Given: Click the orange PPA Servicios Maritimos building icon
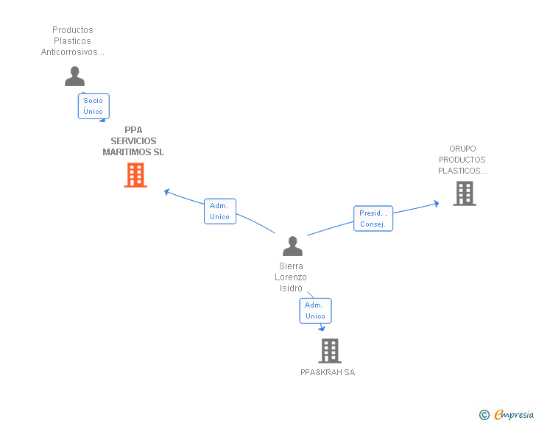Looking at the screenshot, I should (x=135, y=175).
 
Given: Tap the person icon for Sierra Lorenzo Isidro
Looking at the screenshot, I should (x=292, y=246).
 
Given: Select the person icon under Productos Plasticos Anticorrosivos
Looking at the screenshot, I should (x=74, y=76).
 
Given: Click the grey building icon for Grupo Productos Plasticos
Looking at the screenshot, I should (x=464, y=193).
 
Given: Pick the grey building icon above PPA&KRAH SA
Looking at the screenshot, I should (x=329, y=351).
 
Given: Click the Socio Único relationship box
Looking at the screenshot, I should (x=94, y=106).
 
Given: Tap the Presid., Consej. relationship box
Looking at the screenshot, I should (x=373, y=218).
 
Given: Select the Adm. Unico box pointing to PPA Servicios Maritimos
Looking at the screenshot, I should (x=219, y=211).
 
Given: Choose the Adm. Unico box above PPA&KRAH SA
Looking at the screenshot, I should (x=315, y=310).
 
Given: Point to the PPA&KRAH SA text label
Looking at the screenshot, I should (x=328, y=372).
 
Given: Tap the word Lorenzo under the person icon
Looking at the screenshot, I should (x=291, y=277).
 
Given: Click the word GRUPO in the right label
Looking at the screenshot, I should (x=462, y=149).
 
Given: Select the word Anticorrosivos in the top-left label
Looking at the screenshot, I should (x=72, y=52).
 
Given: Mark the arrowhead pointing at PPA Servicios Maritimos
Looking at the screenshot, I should (x=167, y=191).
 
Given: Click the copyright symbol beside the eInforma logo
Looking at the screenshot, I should (x=484, y=415).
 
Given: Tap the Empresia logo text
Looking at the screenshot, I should (x=514, y=414).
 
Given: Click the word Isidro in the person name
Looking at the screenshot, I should (x=291, y=288).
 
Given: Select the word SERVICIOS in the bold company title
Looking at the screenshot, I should (x=133, y=141).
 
